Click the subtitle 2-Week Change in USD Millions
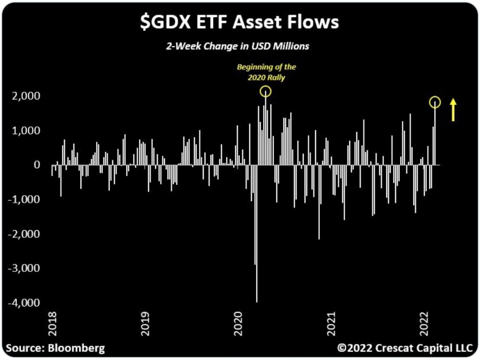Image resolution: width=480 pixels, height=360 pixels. click(240, 47)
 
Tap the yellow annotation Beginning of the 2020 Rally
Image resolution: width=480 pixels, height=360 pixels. click(266, 72)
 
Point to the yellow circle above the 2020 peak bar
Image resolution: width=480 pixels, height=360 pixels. click(266, 91)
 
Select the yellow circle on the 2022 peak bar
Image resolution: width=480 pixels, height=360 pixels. click(435, 102)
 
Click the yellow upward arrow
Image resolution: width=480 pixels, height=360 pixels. click(453, 110)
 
